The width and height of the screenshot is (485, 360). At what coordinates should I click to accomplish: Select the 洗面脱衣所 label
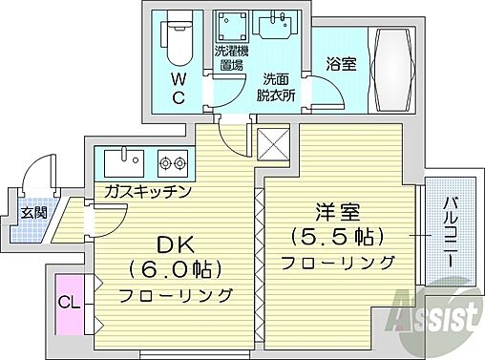click(276, 87)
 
